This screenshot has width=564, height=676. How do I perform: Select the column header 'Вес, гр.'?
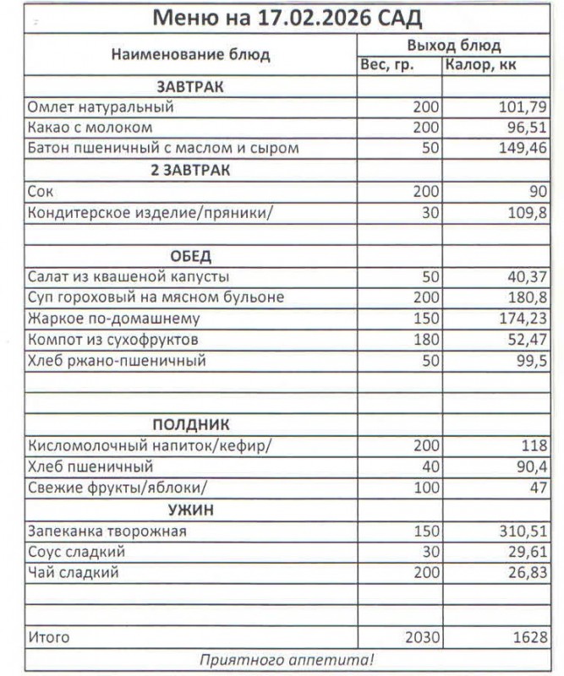pos(386,65)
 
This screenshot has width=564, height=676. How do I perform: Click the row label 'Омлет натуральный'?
pos(101,107)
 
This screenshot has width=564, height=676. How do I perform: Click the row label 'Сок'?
pos(41,192)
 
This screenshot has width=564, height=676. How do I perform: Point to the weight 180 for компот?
pos(425,341)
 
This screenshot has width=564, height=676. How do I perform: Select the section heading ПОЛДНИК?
pos(190,425)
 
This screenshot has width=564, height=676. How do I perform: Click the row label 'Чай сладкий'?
pos(74,574)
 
